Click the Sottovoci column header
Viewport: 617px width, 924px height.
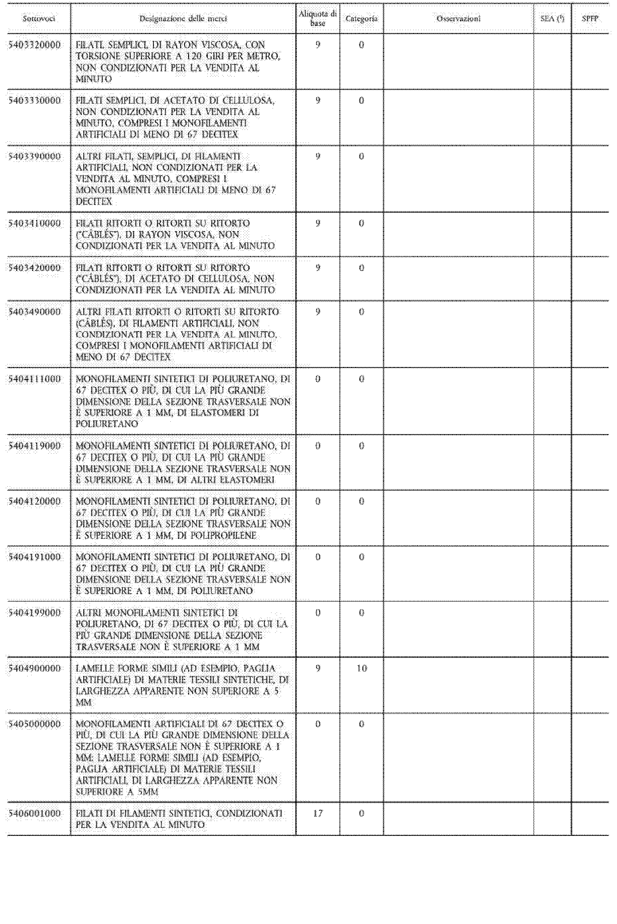click(38, 18)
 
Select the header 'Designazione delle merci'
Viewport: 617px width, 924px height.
click(183, 18)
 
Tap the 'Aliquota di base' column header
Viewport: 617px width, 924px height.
click(318, 18)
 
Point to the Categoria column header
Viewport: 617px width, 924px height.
click(361, 18)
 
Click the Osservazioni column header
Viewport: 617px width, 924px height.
click(459, 18)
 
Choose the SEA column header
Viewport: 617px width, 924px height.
click(552, 18)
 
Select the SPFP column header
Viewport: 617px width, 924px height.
click(590, 18)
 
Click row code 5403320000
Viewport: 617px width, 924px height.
click(35, 45)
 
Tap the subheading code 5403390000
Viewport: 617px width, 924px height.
click(35, 157)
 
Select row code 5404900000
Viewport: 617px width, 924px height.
click(35, 668)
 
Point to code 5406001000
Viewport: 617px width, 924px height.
click(35, 813)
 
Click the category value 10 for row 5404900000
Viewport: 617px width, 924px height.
click(361, 668)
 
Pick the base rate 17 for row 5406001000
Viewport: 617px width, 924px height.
click(318, 813)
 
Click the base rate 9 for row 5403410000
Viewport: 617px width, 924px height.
click(318, 223)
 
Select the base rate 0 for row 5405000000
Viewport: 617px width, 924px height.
click(318, 724)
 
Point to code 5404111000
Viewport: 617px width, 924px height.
click(35, 379)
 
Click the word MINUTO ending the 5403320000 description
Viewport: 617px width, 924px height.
click(94, 79)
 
